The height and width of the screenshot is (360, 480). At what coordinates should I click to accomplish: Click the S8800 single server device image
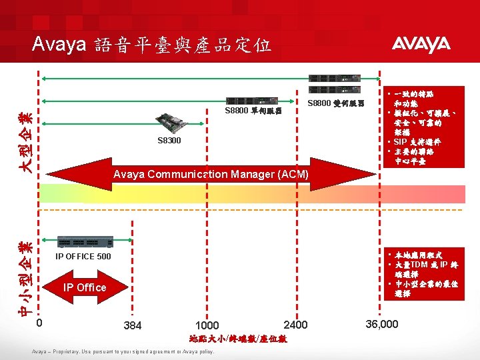pyautogui.click(x=254, y=100)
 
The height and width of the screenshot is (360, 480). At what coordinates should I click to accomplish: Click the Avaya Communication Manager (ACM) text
pyautogui.click(x=211, y=175)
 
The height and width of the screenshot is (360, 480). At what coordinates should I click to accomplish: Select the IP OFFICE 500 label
pyautogui.click(x=83, y=256)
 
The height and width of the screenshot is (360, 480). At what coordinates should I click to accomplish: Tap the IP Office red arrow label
pyautogui.click(x=85, y=287)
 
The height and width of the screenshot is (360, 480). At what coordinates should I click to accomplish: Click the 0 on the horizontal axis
pyautogui.click(x=39, y=323)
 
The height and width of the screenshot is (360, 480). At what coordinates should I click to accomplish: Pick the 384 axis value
pyautogui.click(x=133, y=325)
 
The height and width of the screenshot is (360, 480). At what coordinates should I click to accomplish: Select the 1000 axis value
pyautogui.click(x=208, y=325)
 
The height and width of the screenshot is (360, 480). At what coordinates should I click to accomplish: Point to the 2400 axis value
pyautogui.click(x=295, y=325)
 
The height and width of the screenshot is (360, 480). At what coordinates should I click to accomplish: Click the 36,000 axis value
pyautogui.click(x=382, y=324)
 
